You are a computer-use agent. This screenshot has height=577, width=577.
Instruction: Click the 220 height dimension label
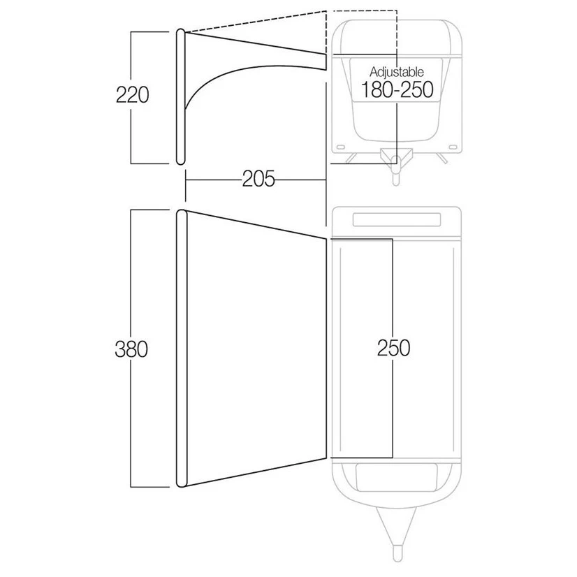pyautogui.click(x=133, y=95)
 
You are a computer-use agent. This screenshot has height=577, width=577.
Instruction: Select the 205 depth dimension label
pyautogui.click(x=258, y=180)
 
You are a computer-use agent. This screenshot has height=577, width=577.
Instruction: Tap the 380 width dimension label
pyautogui.click(x=131, y=349)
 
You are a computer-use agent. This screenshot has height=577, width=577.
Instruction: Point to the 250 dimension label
pyautogui.click(x=393, y=348)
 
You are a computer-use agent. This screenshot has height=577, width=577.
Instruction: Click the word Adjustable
pyautogui.click(x=397, y=72)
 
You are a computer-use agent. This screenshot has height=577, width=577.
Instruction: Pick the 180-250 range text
pyautogui.click(x=397, y=90)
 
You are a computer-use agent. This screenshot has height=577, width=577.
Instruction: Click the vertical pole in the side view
pyautogui.click(x=180, y=96)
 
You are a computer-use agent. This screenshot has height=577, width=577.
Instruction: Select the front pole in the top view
pyautogui.click(x=182, y=349)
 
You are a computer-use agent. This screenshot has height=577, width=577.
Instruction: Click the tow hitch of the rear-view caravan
pyautogui.click(x=396, y=166)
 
